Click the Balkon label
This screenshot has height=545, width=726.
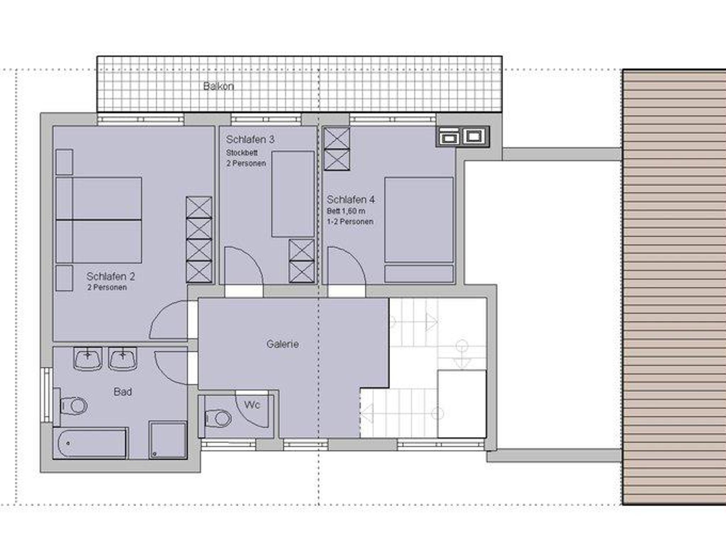(218, 86)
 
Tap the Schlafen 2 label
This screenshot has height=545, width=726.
(111, 276)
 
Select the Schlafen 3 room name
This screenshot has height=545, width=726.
(250, 139)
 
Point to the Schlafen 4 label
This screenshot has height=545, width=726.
(351, 200)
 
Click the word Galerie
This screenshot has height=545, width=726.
(283, 344)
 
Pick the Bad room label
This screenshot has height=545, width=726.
(123, 392)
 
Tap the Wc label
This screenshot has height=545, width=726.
(252, 405)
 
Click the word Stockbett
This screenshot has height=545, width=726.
(242, 153)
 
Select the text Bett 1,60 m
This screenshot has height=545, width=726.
(346, 211)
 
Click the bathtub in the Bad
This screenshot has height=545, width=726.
(90, 443)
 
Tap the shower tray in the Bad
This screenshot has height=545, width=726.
(168, 440)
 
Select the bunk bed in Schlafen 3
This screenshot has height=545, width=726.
(293, 194)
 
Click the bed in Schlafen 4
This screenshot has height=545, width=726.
(419, 230)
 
